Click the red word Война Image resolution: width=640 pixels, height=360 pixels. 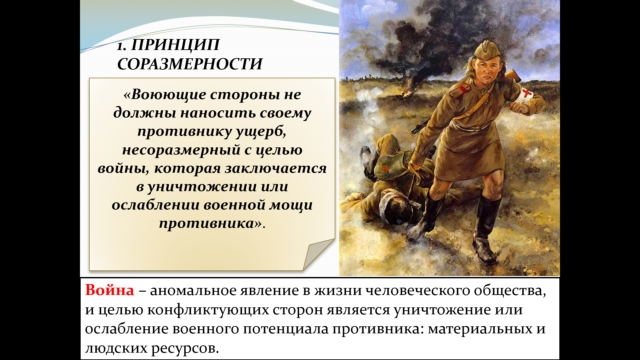(110, 290)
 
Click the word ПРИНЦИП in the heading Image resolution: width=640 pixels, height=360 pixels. (175, 45)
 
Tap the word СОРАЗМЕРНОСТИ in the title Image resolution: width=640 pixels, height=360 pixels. (190, 64)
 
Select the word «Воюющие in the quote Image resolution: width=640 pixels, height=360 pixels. (165, 95)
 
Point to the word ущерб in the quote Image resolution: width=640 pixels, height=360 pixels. (261, 132)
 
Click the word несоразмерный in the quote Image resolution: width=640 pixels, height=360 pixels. (181, 150)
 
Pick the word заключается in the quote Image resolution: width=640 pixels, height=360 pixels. (276, 169)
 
